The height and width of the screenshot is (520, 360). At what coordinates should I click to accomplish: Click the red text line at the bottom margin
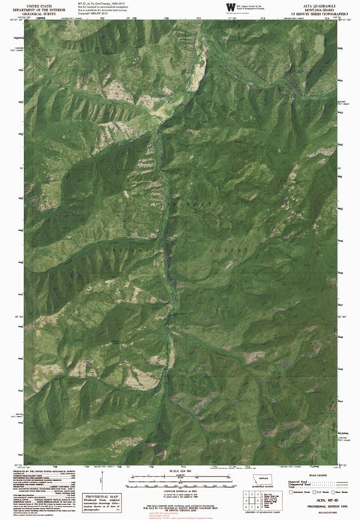pos(179,516)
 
